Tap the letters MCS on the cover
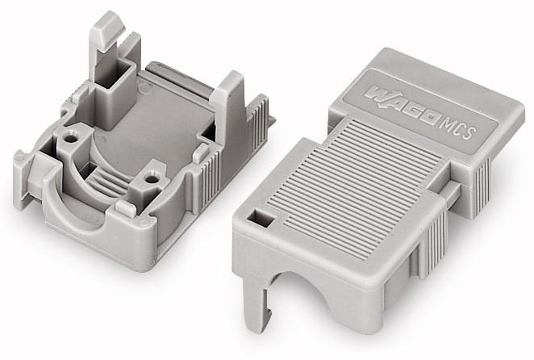pos(457,128)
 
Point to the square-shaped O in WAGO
pos(429,118)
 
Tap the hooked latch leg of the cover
pos(257,300)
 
